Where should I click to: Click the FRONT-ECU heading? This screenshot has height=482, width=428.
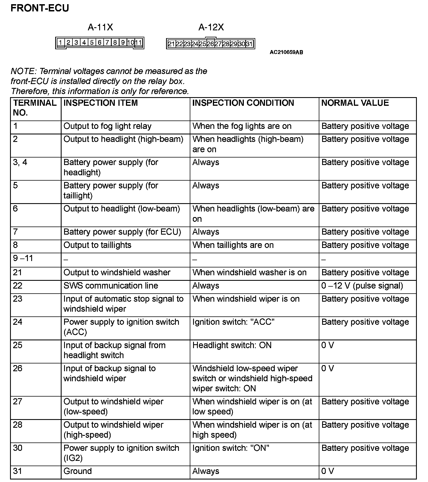[40, 8]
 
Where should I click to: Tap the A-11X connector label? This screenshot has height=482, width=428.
[100, 27]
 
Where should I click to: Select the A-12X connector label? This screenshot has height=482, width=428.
[211, 27]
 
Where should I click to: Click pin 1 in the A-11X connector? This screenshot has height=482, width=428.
[60, 43]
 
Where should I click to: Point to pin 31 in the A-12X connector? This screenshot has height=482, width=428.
[249, 44]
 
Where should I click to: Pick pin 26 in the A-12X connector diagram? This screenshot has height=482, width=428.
[210, 44]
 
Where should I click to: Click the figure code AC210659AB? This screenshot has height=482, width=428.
[286, 52]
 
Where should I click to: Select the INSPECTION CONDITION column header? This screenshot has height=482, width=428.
[243, 103]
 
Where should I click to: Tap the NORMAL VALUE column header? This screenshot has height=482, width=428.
[355, 103]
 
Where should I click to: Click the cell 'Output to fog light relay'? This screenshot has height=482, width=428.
[107, 126]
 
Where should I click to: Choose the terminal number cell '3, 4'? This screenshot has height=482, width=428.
[20, 162]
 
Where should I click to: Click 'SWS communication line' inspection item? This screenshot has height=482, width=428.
[111, 286]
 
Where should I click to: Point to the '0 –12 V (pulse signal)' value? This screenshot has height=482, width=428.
[362, 286]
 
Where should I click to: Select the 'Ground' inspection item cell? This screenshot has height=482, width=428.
[77, 471]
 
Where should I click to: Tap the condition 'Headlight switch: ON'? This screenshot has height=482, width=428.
[232, 345]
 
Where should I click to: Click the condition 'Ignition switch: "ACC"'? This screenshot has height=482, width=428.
[233, 322]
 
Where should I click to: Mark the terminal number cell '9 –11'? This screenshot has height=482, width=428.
[23, 259]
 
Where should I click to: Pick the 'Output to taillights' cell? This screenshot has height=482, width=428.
[97, 245]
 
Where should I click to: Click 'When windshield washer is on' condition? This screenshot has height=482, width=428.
[249, 272]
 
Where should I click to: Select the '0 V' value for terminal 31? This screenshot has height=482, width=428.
[327, 471]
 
